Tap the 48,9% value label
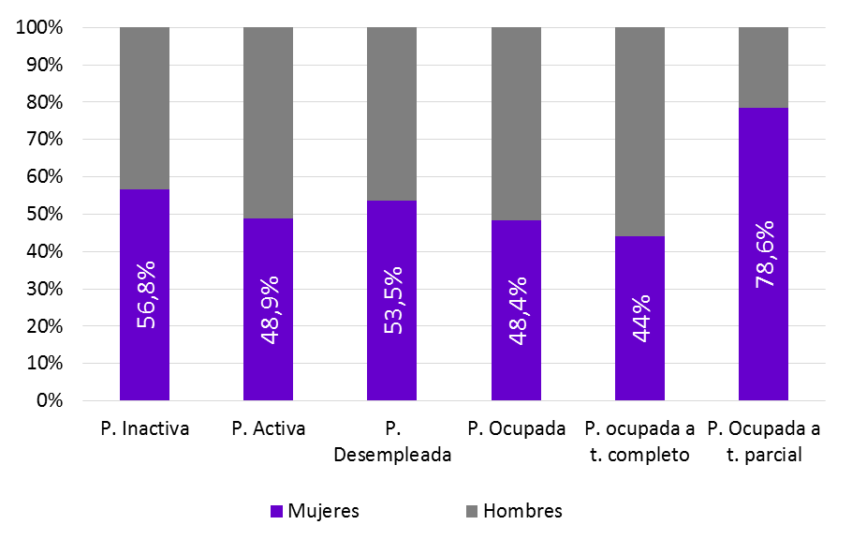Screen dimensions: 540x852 click(x=269, y=308)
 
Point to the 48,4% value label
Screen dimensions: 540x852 click(x=516, y=308)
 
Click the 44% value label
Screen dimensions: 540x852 click(x=639, y=318)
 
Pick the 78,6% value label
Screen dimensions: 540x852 click(x=763, y=255)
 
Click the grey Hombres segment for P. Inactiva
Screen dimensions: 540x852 click(x=145, y=108)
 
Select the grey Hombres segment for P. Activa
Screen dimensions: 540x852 click(x=269, y=123)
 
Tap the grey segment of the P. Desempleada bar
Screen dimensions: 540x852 click(x=391, y=113)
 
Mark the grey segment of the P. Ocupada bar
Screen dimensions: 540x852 click(x=516, y=124)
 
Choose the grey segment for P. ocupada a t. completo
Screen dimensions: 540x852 click(x=639, y=131)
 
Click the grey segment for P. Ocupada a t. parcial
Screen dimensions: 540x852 click(x=763, y=67)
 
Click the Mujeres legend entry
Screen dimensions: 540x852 click(x=315, y=511)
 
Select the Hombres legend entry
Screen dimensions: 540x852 click(x=514, y=511)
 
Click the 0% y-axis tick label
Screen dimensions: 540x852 click(x=47, y=400)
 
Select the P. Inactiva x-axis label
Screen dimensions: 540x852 click(x=145, y=429)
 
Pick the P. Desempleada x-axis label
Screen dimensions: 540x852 click(x=391, y=442)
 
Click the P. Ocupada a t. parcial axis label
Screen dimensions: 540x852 click(x=763, y=442)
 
